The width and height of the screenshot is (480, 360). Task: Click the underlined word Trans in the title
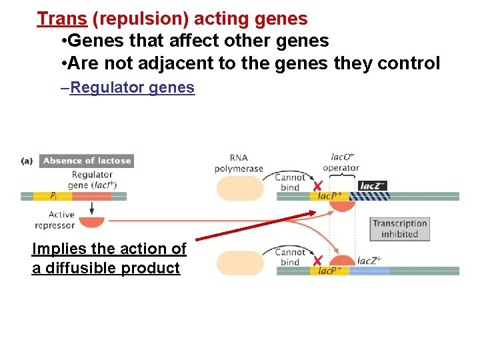[x=62, y=19]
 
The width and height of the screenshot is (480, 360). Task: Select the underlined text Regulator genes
[x=132, y=87]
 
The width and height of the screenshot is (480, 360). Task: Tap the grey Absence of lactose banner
[x=87, y=161]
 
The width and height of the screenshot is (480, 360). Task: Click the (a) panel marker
[x=27, y=161]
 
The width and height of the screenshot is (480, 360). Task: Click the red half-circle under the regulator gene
[x=91, y=221]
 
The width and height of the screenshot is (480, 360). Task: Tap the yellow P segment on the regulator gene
[x=44, y=196]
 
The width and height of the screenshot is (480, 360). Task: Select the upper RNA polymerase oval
[x=239, y=189]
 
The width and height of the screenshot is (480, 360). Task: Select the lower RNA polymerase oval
[x=239, y=263]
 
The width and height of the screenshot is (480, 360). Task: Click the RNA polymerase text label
[x=239, y=163]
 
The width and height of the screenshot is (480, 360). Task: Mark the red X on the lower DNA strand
[x=318, y=261]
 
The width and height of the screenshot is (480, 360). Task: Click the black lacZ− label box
[x=372, y=186]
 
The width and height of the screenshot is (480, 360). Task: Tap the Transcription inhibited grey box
[x=400, y=229]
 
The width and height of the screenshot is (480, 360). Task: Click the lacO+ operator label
[x=342, y=163]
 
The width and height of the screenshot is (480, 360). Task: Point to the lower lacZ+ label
[x=369, y=261]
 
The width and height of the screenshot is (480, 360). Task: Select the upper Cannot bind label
[x=290, y=183]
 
